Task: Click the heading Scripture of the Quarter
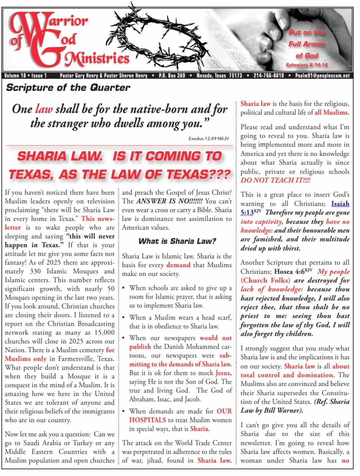click(x=68, y=87)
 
